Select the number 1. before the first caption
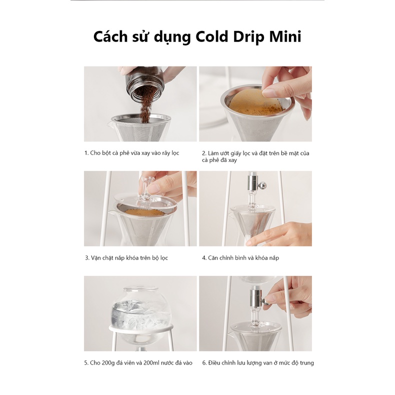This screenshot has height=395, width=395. tap(86, 153)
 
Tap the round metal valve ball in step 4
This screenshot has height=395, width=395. tap(263, 186)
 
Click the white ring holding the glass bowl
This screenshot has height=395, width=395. tap(141, 328)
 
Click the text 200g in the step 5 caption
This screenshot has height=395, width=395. tap(109, 363)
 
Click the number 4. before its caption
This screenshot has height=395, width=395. tap(204, 258)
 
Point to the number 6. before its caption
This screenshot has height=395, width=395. tap(204, 363)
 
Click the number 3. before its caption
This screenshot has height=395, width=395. tap(87, 258)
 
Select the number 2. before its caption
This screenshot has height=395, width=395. tap(204, 153)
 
